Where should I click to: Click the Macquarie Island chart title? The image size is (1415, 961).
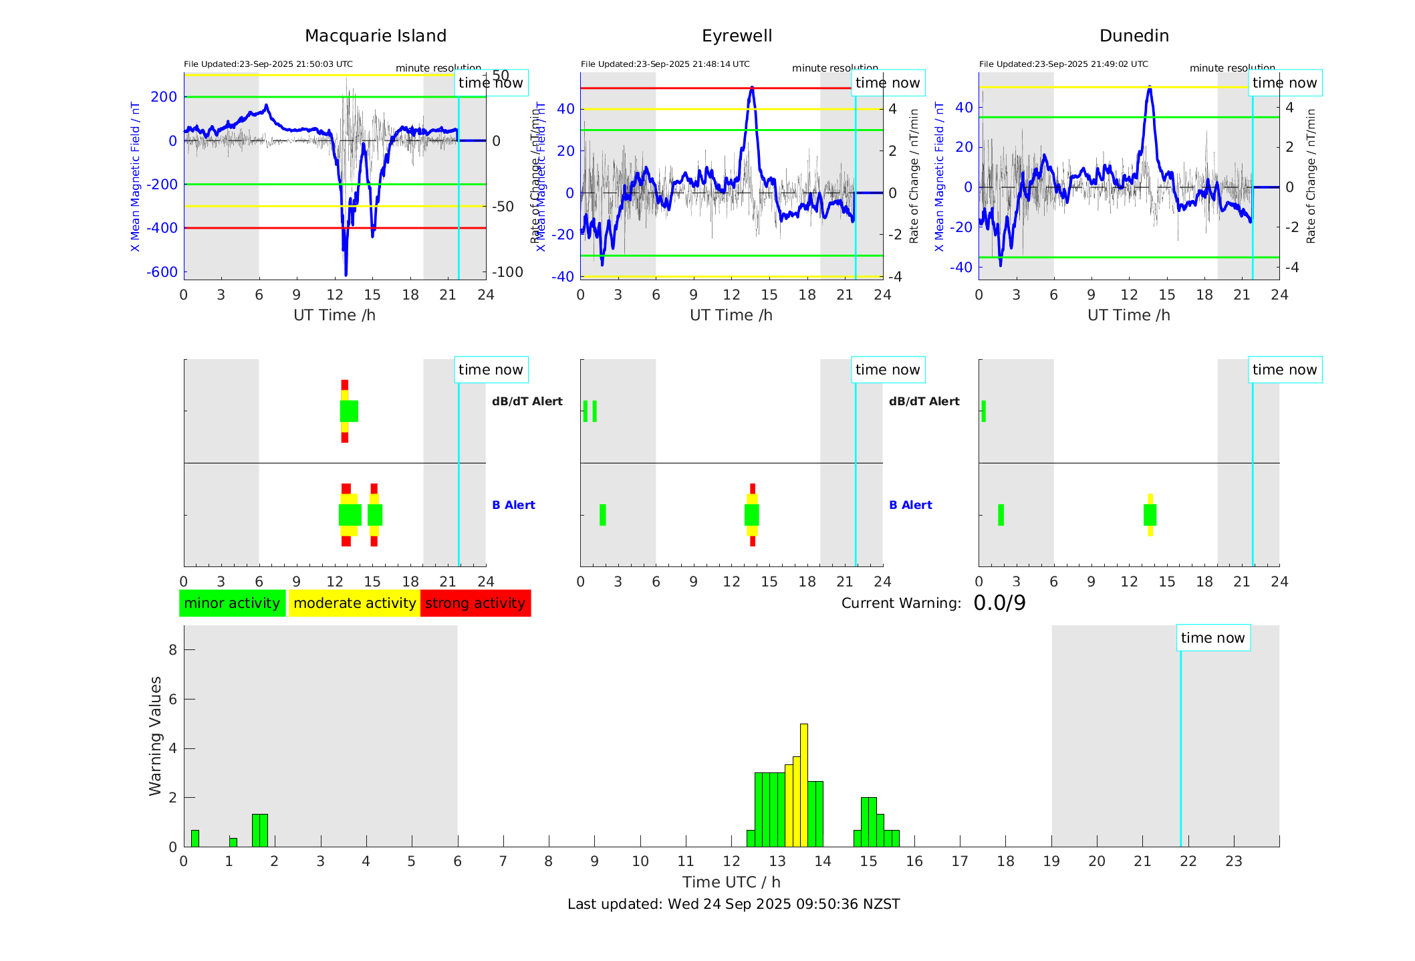[376, 36]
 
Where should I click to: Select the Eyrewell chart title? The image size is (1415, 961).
[737, 36]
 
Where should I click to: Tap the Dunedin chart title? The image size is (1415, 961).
[1134, 36]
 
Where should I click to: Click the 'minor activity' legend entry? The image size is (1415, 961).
[232, 603]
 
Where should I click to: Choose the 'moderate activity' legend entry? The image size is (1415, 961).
[354, 603]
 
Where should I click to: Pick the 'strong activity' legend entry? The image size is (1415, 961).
[475, 603]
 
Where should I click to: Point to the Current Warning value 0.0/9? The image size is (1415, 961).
[999, 603]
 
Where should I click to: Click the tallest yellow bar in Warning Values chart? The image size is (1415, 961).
[803, 782]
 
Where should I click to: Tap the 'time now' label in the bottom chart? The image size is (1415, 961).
[1212, 638]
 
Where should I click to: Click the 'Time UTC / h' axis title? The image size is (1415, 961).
[731, 882]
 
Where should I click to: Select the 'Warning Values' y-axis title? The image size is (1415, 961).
[156, 736]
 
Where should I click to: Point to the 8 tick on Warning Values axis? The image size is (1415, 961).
[173, 650]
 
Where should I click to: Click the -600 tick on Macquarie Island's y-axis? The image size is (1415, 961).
[162, 272]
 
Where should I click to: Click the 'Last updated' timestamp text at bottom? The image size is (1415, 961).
[733, 904]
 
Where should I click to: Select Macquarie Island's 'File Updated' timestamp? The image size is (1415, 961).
[268, 64]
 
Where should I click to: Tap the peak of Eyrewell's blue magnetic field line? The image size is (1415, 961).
[752, 88]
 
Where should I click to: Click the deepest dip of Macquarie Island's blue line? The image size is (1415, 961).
[346, 274]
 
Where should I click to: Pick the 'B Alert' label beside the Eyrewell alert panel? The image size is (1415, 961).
[910, 505]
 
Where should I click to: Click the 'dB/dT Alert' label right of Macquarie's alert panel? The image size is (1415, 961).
[527, 401]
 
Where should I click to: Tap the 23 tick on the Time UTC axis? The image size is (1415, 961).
[1233, 861]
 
